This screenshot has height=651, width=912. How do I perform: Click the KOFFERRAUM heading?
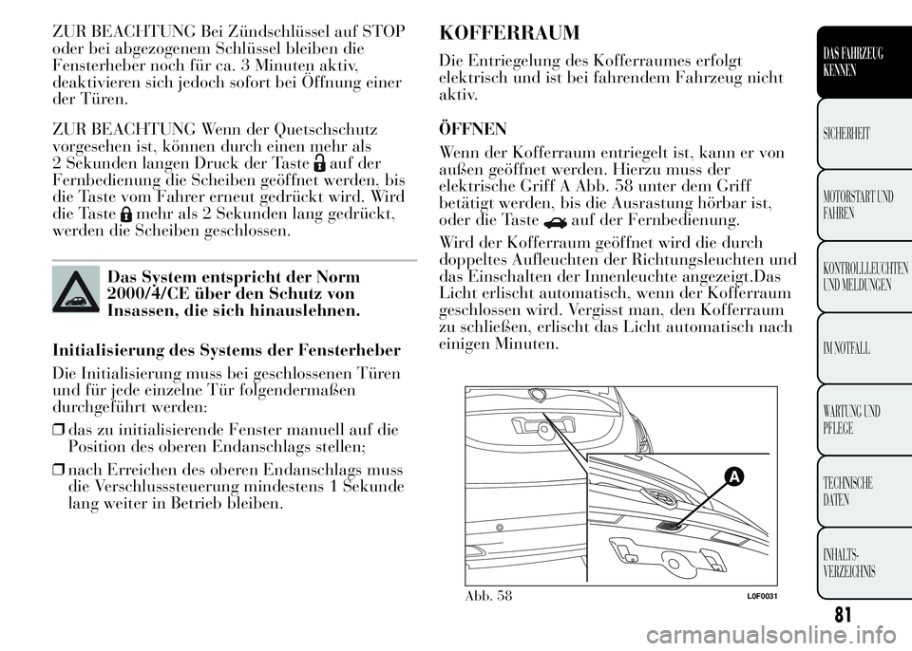coord(509,33)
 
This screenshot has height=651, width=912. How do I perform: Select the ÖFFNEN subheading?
coord(471,126)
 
